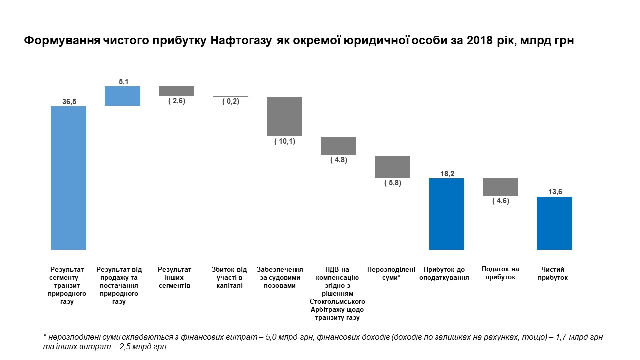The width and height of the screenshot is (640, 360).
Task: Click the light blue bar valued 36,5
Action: point(68,178)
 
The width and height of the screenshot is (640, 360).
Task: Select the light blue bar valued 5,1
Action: point(122,96)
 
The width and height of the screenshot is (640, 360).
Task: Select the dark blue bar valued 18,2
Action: point(446,214)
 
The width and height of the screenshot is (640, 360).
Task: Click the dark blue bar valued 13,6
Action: point(554,223)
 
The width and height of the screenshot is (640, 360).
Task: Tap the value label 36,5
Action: point(68,101)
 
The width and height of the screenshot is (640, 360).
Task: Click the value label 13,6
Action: point(554,192)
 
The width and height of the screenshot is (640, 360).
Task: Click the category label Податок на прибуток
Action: point(500,273)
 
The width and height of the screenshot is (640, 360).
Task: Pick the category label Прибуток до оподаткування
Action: point(446,274)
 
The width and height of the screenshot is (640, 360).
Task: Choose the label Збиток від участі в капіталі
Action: point(230,277)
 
